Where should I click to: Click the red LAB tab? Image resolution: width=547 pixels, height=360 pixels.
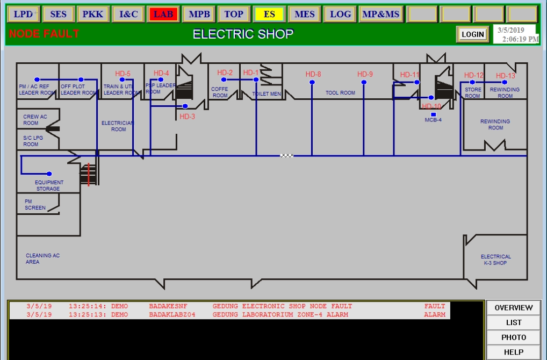click(x=163, y=14)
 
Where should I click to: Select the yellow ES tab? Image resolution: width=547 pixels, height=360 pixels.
click(x=269, y=14)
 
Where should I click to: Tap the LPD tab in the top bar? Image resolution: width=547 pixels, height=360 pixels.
click(x=23, y=14)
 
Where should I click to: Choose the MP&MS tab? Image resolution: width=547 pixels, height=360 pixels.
click(x=380, y=14)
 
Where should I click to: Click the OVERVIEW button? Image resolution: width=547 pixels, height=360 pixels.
click(x=513, y=308)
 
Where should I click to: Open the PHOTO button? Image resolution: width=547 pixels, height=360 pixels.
click(x=513, y=337)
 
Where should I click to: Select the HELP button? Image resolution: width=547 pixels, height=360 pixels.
click(x=513, y=352)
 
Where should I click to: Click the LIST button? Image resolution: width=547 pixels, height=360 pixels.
click(x=513, y=323)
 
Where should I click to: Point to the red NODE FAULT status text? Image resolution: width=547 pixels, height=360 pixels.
click(x=44, y=34)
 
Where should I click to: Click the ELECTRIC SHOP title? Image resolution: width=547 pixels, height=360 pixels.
click(x=243, y=34)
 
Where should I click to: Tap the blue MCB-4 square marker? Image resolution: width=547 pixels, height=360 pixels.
click(x=433, y=114)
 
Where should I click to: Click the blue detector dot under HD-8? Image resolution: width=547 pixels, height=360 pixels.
click(x=312, y=82)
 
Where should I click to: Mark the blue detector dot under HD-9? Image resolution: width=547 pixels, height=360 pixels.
click(x=364, y=82)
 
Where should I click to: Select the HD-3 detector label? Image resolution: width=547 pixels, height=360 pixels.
click(x=188, y=116)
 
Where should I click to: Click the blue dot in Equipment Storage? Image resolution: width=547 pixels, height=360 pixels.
click(x=49, y=174)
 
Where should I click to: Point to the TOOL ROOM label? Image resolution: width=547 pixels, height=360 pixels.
click(x=340, y=93)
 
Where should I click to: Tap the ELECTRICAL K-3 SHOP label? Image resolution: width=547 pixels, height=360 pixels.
click(x=495, y=260)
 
